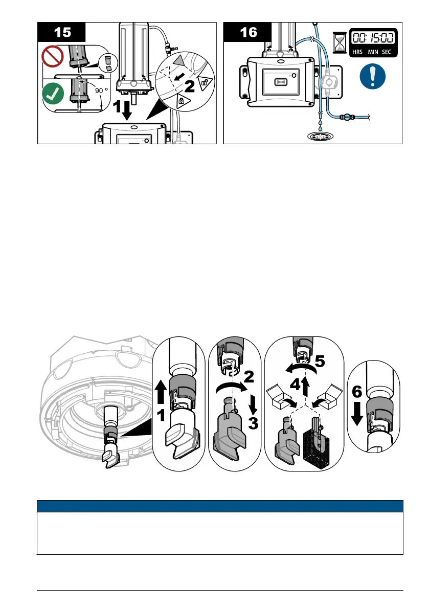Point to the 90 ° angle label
pyautogui.click(x=95, y=91)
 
